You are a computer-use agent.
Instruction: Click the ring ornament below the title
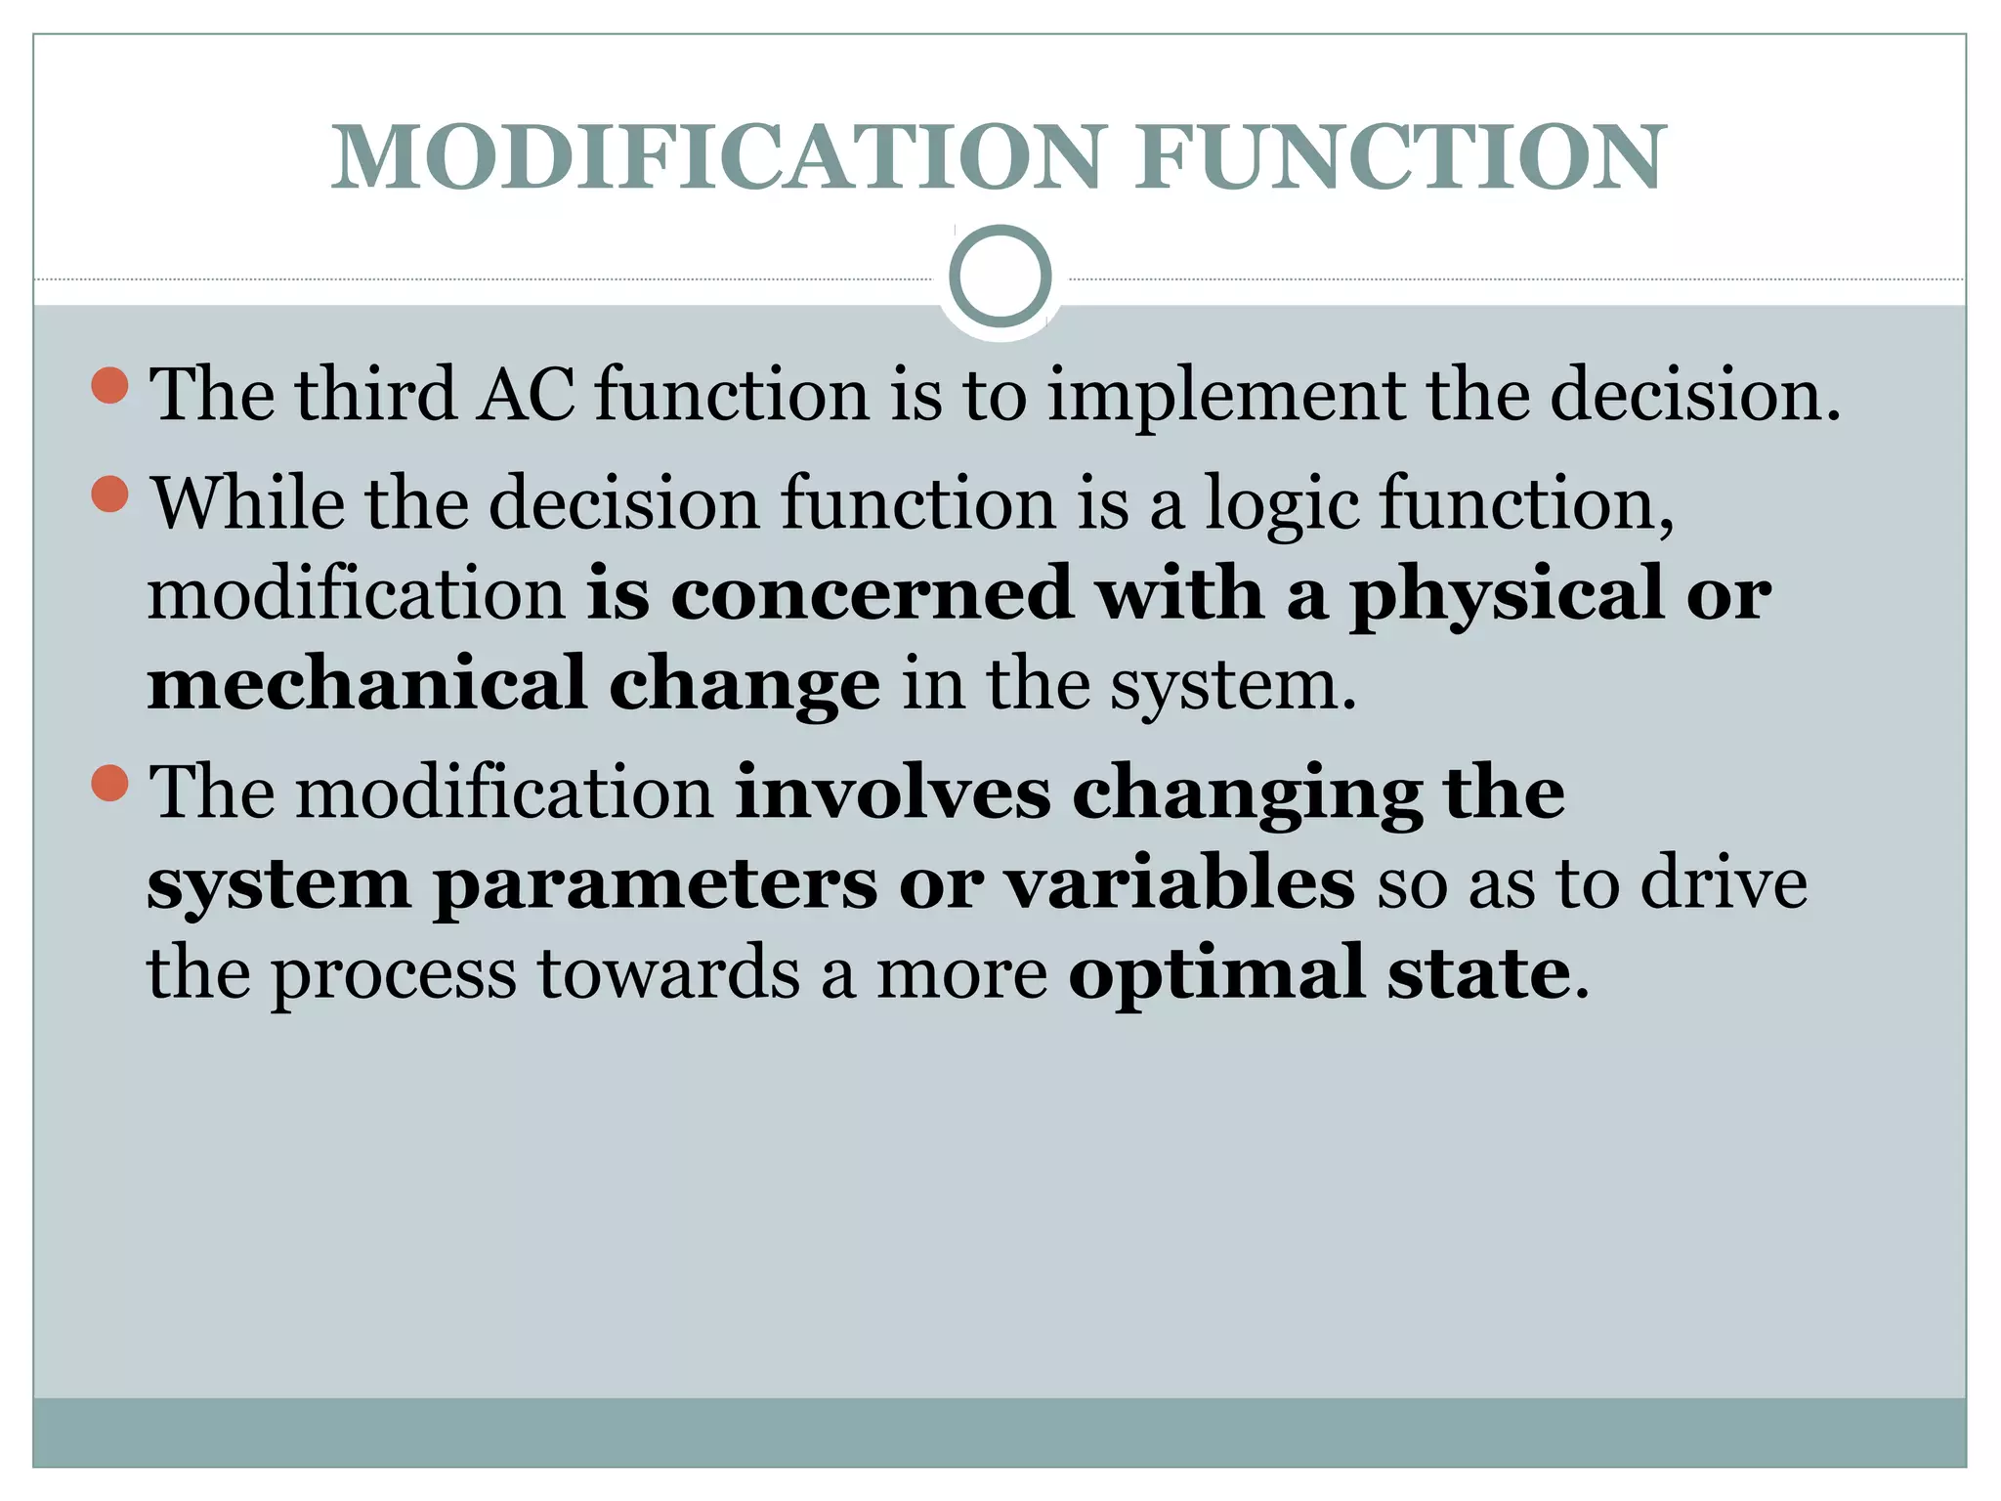[x=1000, y=277]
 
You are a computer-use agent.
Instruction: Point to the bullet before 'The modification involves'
[x=109, y=782]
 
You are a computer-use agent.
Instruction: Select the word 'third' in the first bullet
[x=376, y=394]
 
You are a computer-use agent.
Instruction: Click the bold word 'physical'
[x=1506, y=595]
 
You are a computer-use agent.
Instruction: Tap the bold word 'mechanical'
[x=366, y=683]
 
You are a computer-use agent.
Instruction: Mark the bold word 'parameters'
[x=655, y=885]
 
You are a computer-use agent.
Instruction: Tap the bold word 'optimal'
[x=1215, y=974]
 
